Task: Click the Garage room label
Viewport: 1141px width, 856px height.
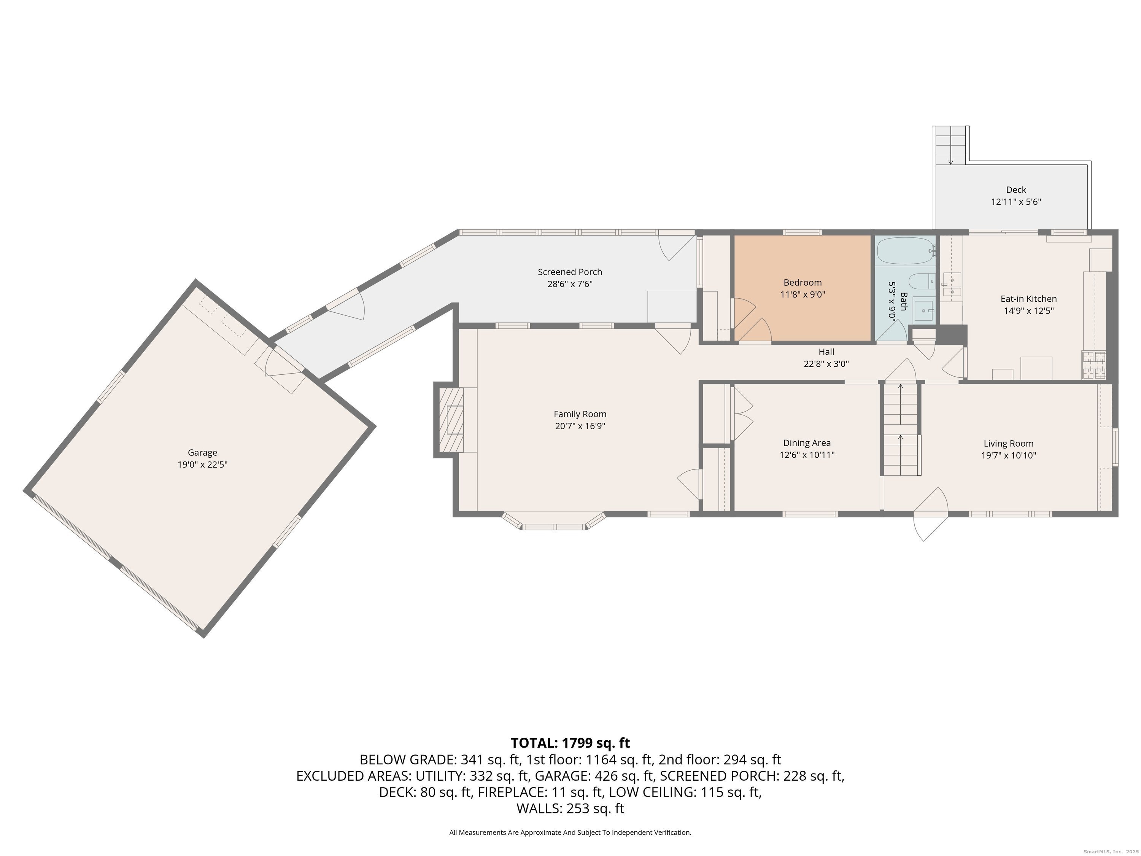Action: pyautogui.click(x=202, y=452)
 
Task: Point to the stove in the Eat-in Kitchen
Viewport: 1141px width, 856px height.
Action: pyautogui.click(x=1093, y=365)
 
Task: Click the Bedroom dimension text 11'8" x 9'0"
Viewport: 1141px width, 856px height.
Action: pyautogui.click(x=803, y=294)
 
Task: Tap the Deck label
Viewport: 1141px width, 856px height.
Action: pyautogui.click(x=1015, y=190)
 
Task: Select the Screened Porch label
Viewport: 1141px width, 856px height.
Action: pyautogui.click(x=569, y=272)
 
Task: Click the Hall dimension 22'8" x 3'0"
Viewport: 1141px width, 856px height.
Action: pyautogui.click(x=826, y=364)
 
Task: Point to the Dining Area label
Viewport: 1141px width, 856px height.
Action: pyautogui.click(x=807, y=443)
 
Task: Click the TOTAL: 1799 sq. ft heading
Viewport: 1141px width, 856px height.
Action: pyautogui.click(x=570, y=743)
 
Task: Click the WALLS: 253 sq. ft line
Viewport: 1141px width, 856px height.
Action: pyautogui.click(x=570, y=808)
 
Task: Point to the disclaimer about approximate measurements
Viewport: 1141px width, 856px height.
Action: pyautogui.click(x=570, y=832)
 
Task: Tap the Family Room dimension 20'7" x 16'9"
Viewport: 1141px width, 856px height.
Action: pyautogui.click(x=580, y=426)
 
